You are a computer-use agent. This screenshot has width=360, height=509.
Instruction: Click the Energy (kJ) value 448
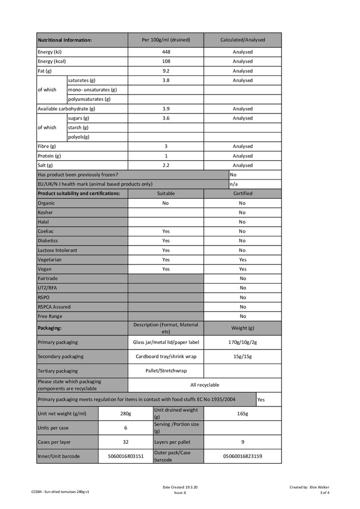[166, 52]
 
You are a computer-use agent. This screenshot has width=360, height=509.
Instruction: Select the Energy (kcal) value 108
[166, 61]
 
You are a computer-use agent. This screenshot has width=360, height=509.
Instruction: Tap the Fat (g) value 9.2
[166, 71]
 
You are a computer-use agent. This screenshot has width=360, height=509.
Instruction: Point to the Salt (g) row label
[45, 165]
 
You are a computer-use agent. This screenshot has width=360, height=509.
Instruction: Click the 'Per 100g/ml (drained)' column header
[166, 40]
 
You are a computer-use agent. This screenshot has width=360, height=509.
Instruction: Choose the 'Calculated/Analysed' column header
[242, 40]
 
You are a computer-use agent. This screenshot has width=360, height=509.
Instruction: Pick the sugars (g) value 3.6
[166, 118]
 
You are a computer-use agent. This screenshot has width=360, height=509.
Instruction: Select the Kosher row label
[45, 212]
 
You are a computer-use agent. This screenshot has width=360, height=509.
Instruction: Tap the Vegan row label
[44, 269]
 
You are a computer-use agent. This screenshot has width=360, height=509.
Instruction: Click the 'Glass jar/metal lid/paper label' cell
[166, 342]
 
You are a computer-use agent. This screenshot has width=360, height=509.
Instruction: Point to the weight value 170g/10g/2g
[242, 342]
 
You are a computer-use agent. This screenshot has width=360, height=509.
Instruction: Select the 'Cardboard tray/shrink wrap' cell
[166, 356]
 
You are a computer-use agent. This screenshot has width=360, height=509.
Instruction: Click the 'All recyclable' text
[204, 385]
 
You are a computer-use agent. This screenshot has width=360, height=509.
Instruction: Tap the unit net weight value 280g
[125, 413]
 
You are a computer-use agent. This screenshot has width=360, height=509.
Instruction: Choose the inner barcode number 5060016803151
[125, 456]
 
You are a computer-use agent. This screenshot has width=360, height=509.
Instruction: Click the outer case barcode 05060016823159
[242, 456]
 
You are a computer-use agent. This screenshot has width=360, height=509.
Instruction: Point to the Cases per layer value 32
[125, 442]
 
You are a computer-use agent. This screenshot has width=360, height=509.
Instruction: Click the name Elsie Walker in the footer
[319, 487]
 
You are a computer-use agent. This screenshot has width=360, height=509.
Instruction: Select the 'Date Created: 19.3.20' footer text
[180, 487]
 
